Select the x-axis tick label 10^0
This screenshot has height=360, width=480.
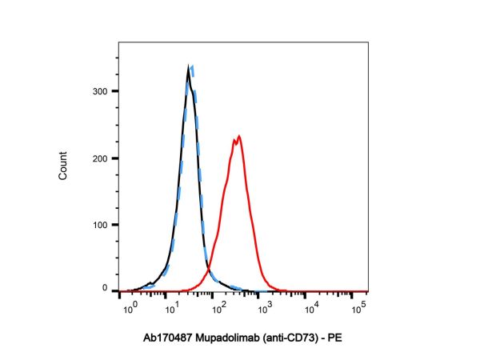click(x=126, y=306)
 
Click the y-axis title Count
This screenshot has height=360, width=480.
click(x=63, y=163)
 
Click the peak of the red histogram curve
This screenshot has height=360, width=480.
click(x=238, y=137)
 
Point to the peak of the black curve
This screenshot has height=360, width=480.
click(x=188, y=69)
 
